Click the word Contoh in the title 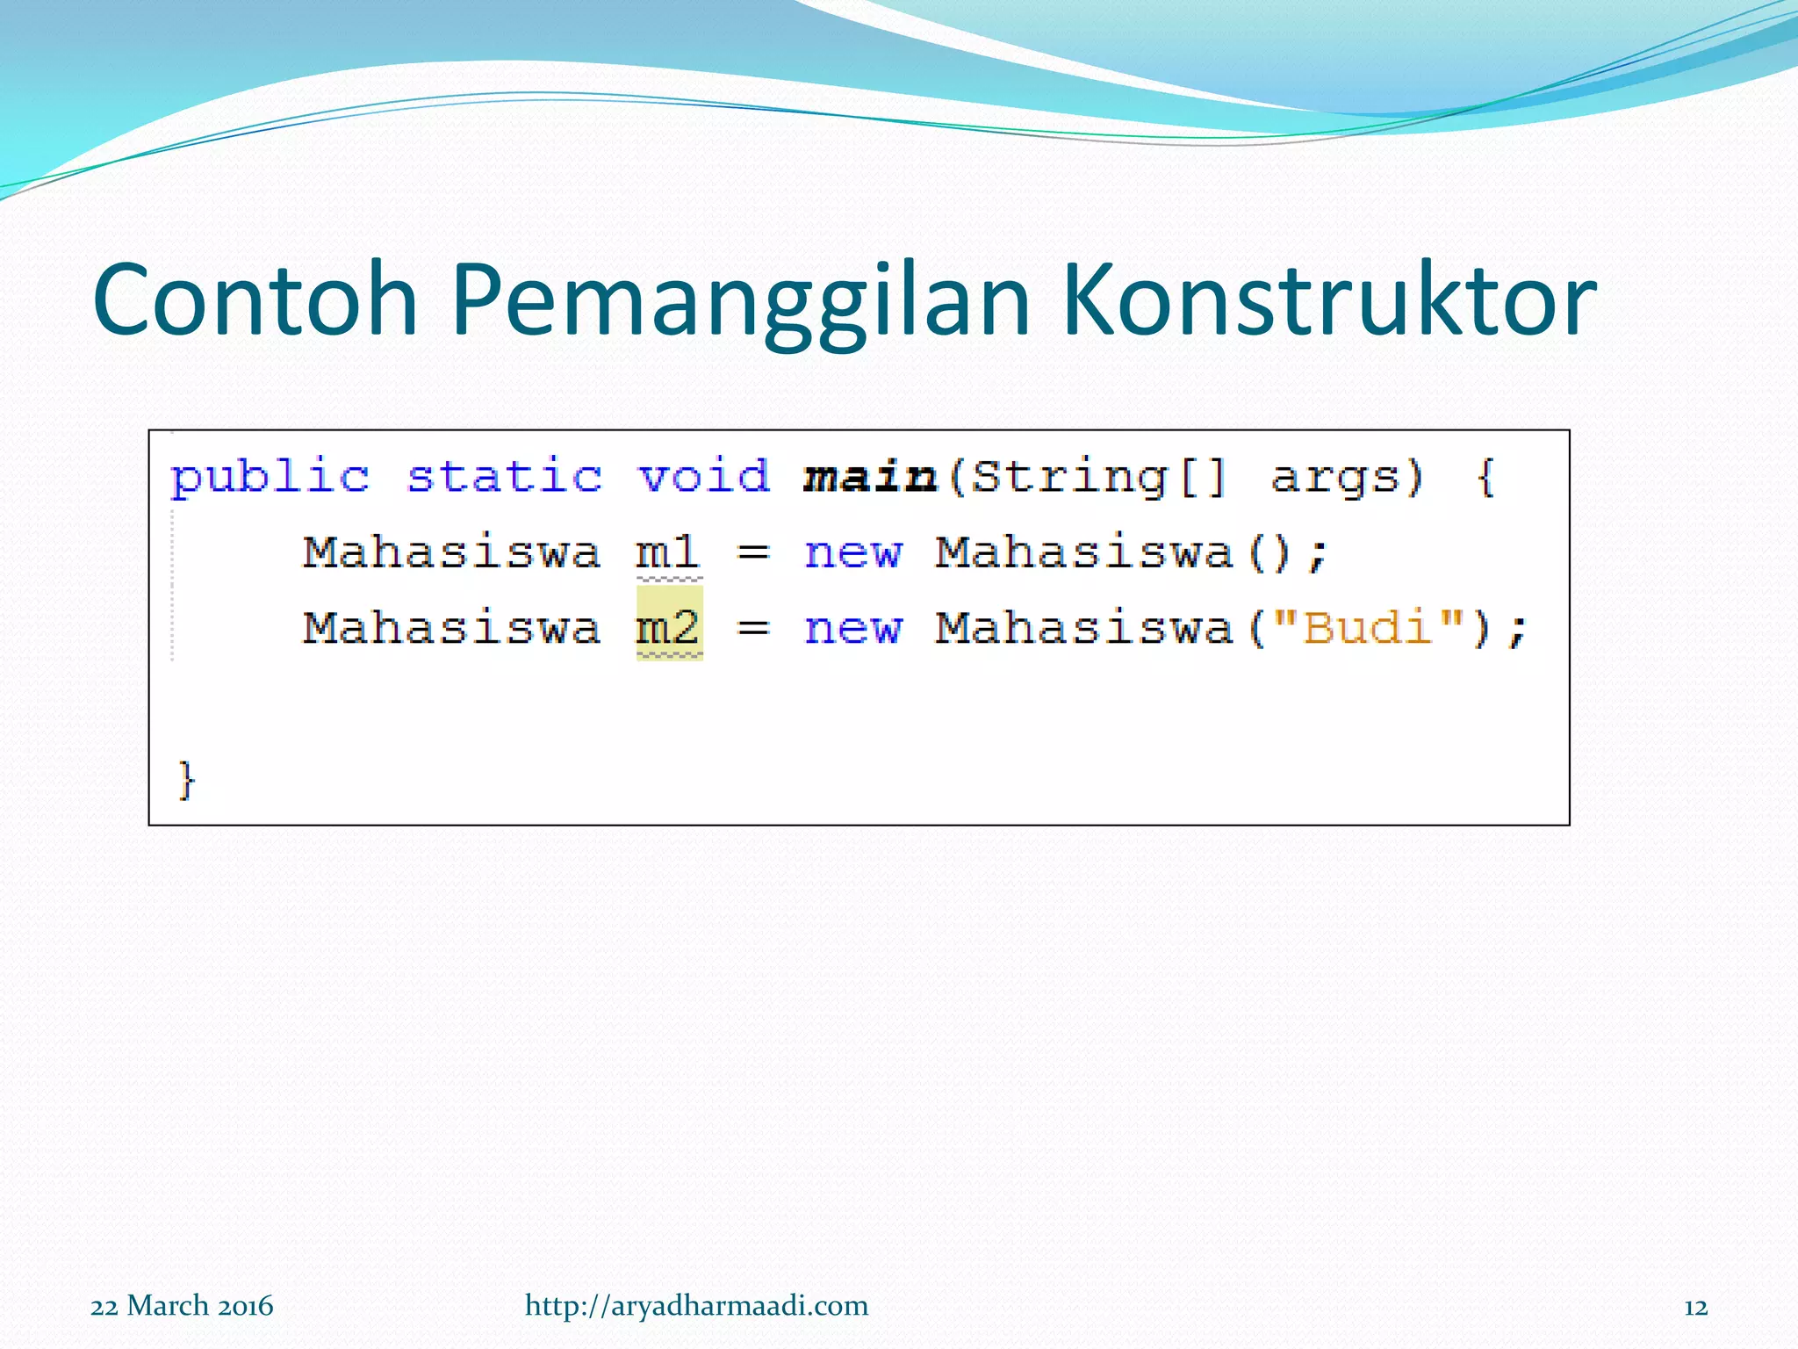255,301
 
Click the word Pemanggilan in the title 739,301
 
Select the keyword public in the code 270,479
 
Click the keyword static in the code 504,477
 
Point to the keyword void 703,477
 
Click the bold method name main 869,477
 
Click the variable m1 668,553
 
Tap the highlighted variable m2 669,628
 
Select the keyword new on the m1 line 852,554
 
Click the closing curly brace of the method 186,779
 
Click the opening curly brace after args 1485,479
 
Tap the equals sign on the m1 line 753,554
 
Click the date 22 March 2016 182,1306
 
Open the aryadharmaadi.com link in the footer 696,1306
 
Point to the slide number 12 1695,1308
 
